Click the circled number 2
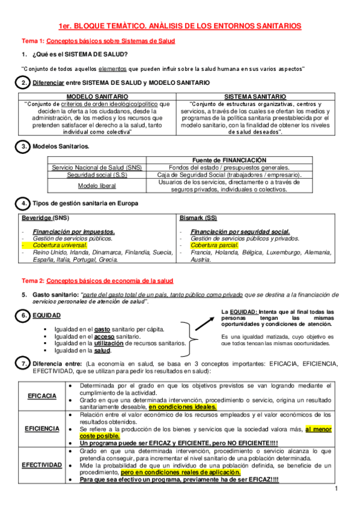pyautogui.click(x=23, y=82)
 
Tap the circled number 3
pyautogui.click(x=23, y=146)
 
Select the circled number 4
pyautogui.click(x=23, y=203)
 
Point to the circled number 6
pyautogui.click(x=23, y=315)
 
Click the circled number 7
pyautogui.click(x=23, y=364)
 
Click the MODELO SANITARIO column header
pyautogui.click(x=97, y=96)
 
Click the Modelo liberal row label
pyautogui.click(x=96, y=185)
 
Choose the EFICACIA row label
pyautogui.click(x=42, y=396)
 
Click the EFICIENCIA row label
pyautogui.click(x=42, y=429)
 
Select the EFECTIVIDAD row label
pyautogui.click(x=42, y=465)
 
